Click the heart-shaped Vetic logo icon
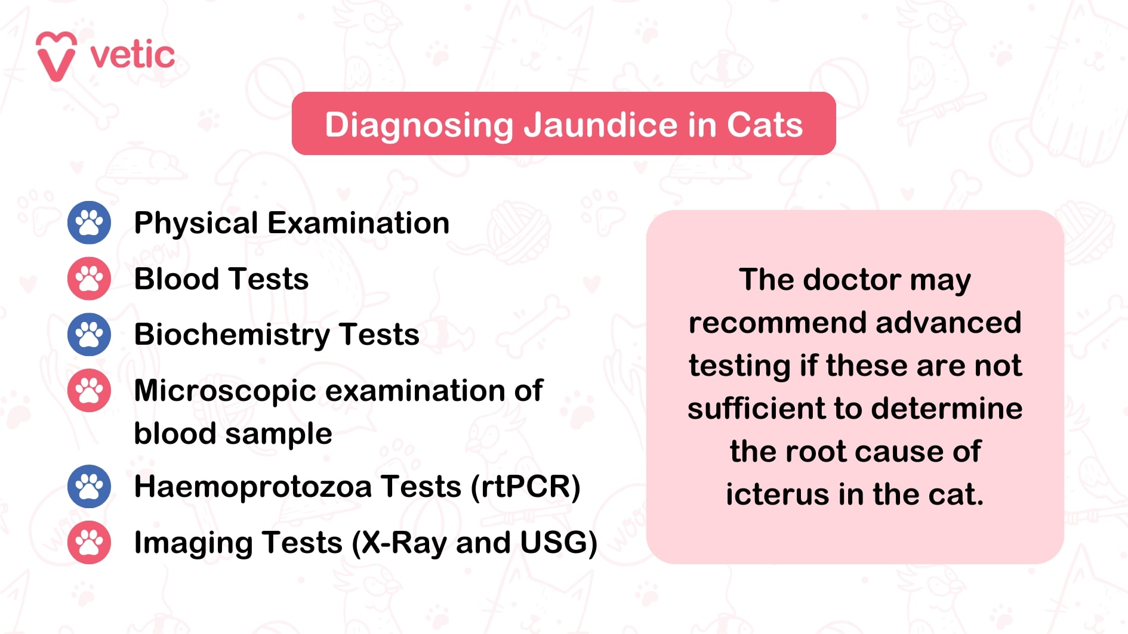coord(56,56)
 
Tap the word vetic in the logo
coord(132,55)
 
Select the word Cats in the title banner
coord(765,125)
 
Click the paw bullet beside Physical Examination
coord(89,222)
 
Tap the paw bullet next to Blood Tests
coord(89,279)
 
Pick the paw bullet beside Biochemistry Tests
coord(89,335)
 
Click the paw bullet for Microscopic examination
coord(89,391)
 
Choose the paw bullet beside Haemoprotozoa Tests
coord(89,486)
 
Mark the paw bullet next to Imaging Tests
coord(89,542)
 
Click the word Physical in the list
coord(196,224)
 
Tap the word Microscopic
coord(225,391)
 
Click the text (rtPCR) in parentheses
coord(525,487)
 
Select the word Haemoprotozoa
coord(253,487)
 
